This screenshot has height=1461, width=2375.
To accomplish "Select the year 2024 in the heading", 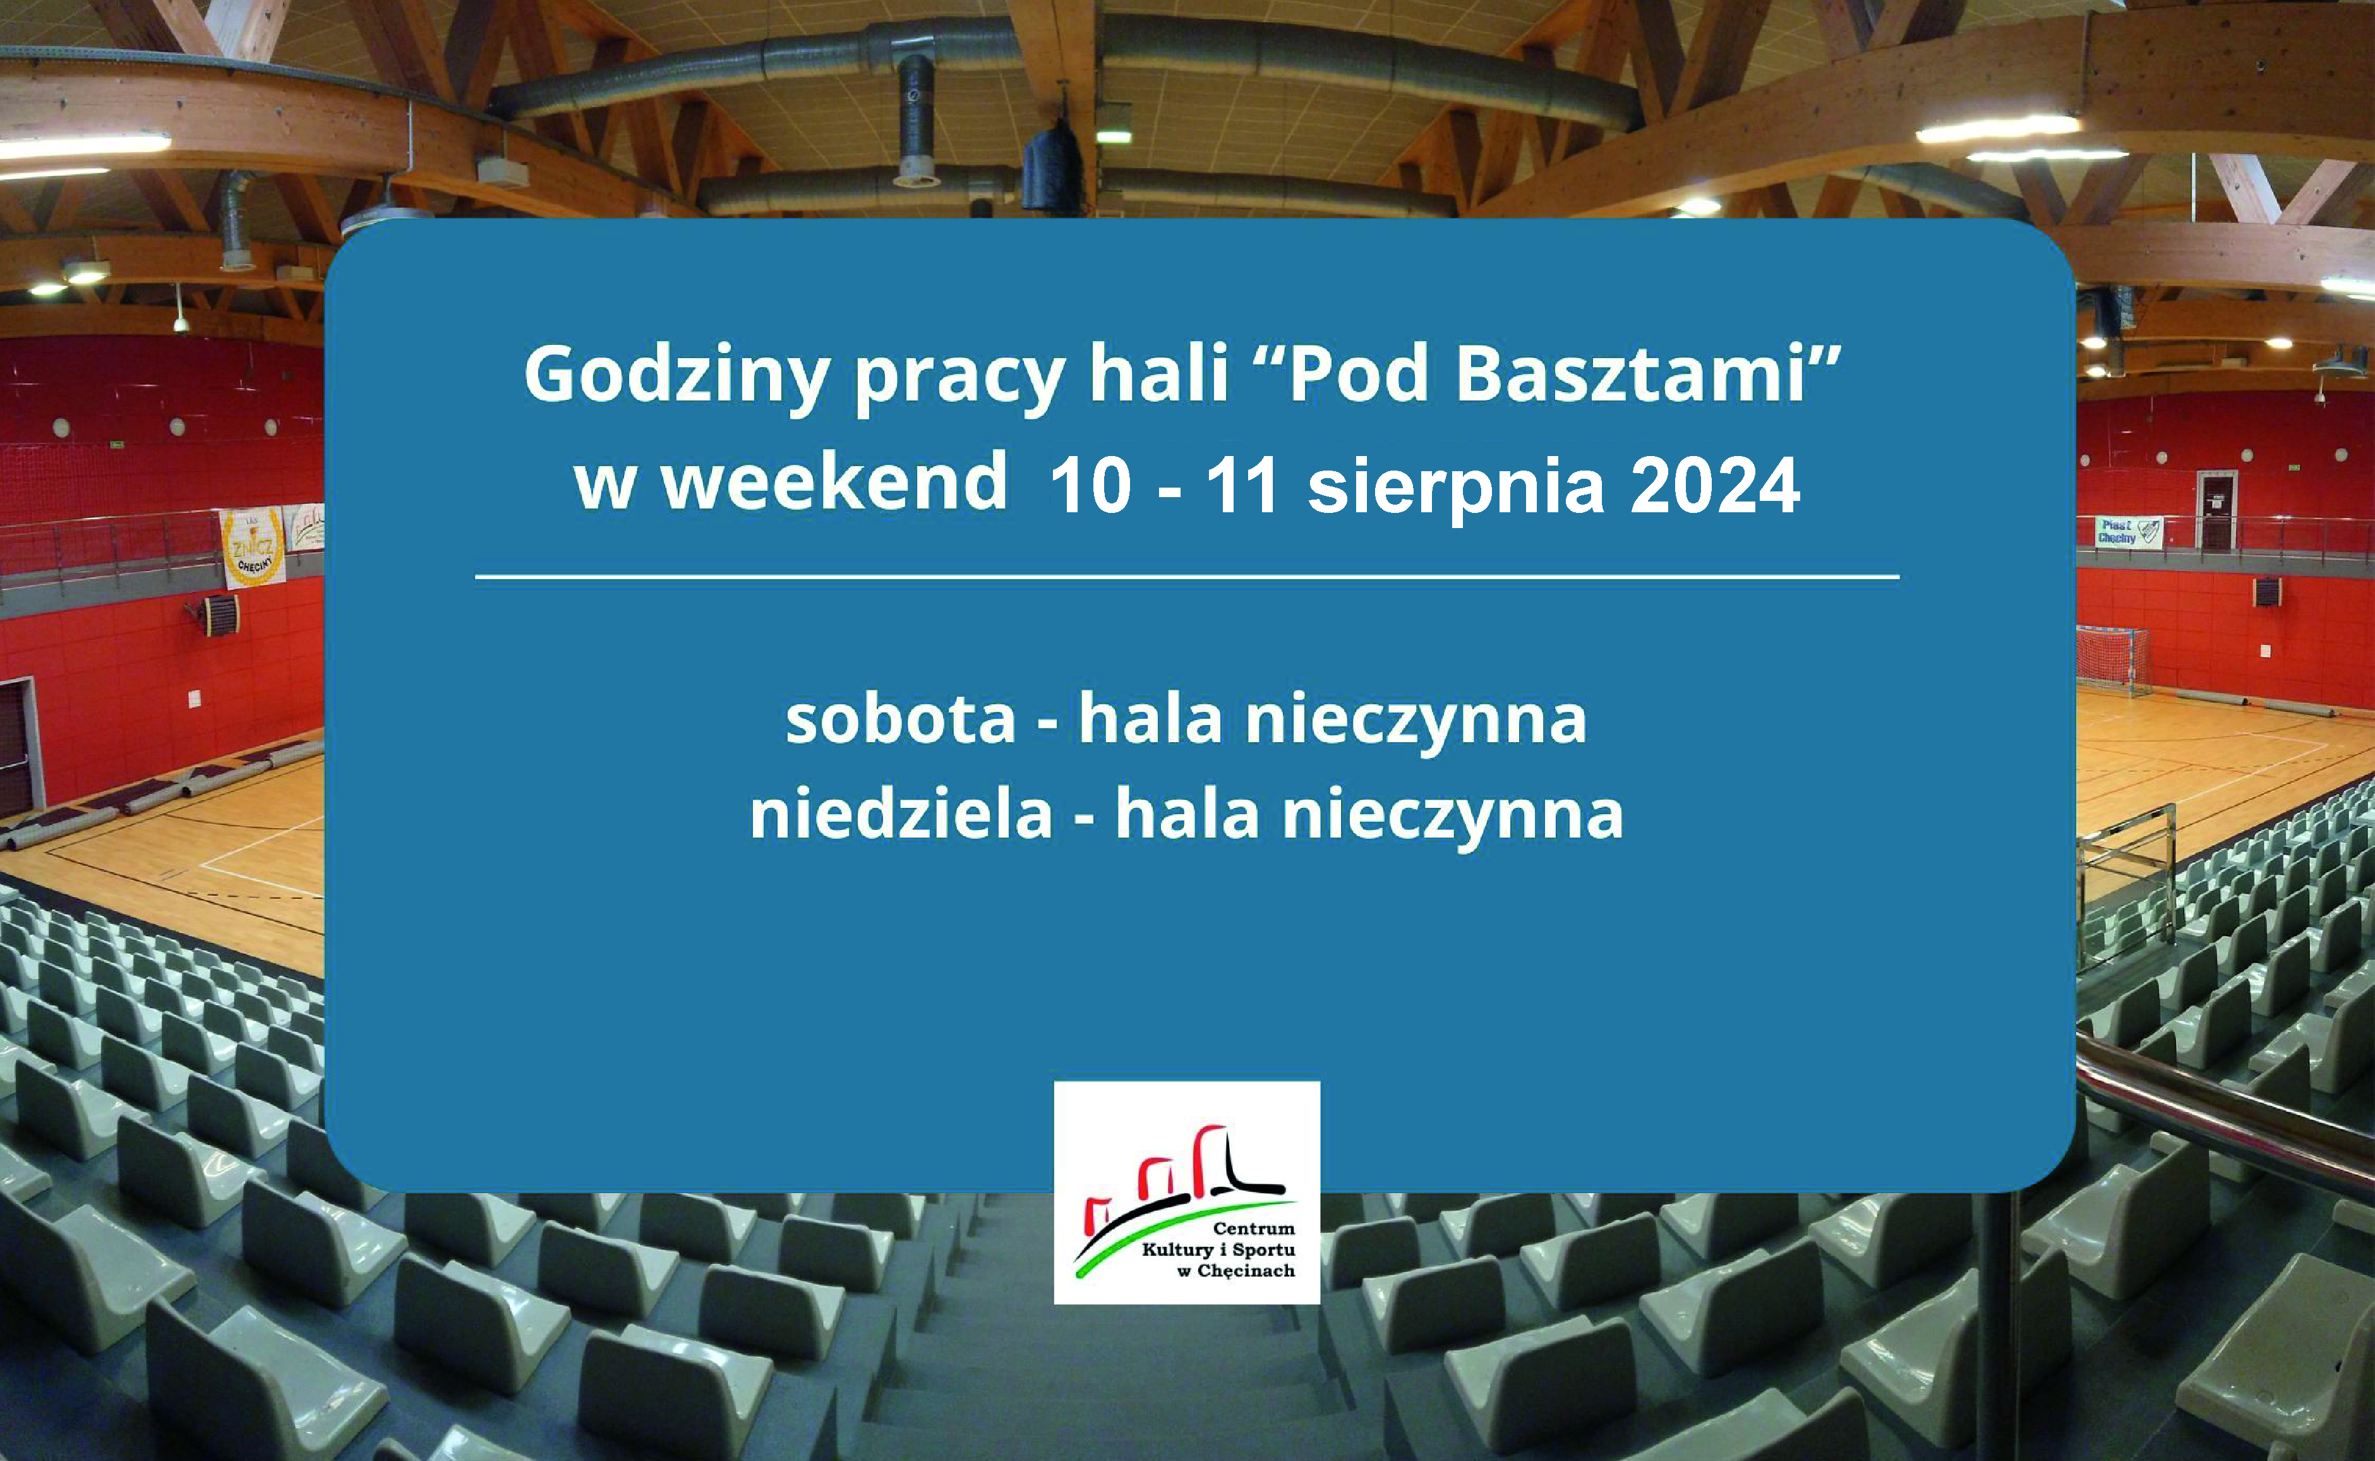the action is pyautogui.click(x=1714, y=486).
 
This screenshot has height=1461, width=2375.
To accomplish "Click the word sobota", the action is pyautogui.click(x=901, y=720).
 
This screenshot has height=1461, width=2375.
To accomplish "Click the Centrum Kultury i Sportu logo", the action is pyautogui.click(x=1186, y=1193).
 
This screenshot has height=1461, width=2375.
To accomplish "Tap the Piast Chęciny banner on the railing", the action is pyautogui.click(x=2127, y=531).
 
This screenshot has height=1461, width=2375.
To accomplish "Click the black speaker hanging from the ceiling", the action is pyautogui.click(x=1051, y=169).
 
